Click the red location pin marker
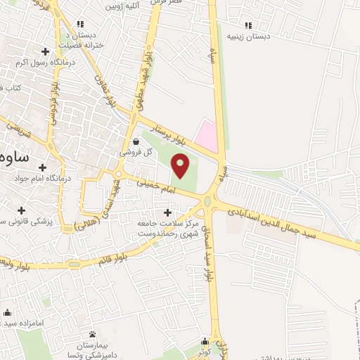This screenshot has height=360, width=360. pyautogui.click(x=181, y=166)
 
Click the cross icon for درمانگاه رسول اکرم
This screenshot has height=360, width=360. pyautogui.click(x=46, y=51)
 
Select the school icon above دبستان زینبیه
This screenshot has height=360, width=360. pyautogui.click(x=246, y=25)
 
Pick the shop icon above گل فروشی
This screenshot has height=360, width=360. pyautogui.click(x=135, y=141)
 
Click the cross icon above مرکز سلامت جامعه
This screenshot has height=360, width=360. pyautogui.click(x=167, y=212)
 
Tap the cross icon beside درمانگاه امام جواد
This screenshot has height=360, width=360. pyautogui.click(x=44, y=167)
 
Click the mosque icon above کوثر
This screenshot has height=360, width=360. pyautogui.click(x=206, y=339)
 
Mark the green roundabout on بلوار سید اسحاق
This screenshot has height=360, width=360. pyautogui.click(x=210, y=202)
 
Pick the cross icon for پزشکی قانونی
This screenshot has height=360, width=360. pyautogui.click(x=22, y=210)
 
